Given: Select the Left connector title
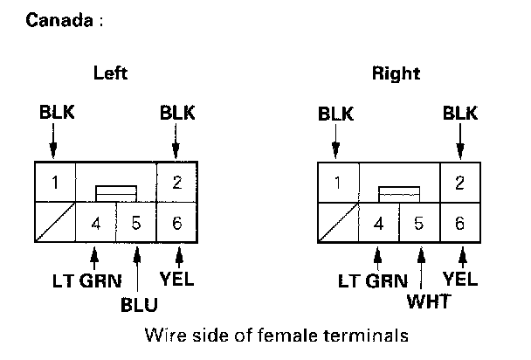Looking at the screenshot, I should [110, 73].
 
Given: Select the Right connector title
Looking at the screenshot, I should [395, 73].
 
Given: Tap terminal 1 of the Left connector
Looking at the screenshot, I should [54, 183].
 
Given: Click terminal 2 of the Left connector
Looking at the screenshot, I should [176, 183].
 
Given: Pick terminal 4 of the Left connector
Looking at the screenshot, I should [96, 223].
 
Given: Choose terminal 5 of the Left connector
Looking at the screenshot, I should [135, 223].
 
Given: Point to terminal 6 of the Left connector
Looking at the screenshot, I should [176, 223].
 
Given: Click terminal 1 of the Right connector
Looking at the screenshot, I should [337, 183].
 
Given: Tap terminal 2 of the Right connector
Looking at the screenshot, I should [460, 183].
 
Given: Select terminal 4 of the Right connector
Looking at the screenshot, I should [378, 223].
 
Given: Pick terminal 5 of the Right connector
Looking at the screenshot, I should [419, 223].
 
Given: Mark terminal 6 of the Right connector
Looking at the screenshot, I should [460, 223].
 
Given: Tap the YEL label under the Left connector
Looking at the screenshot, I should [177, 280].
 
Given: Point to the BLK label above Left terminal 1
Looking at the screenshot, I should [55, 114].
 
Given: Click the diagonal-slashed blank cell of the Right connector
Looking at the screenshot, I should [337, 223].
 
